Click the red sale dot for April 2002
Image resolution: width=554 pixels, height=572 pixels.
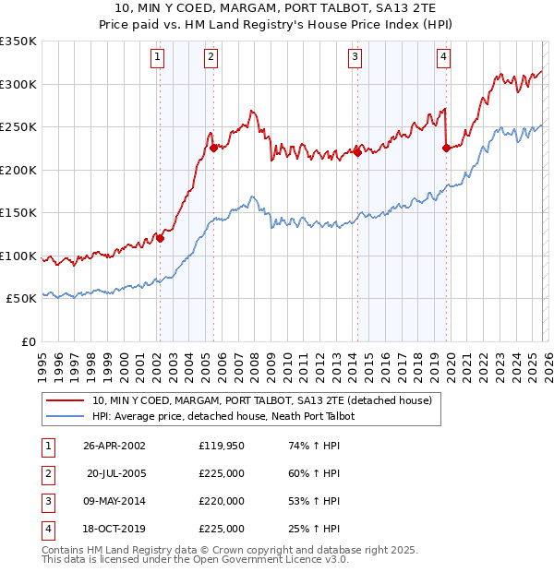click(x=160, y=238)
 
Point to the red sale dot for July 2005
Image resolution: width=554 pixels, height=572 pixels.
click(x=212, y=148)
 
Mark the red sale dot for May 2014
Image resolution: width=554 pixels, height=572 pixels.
click(x=356, y=152)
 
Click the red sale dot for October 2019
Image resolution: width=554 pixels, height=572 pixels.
click(x=445, y=148)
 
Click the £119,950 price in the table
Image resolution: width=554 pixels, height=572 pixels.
click(x=222, y=445)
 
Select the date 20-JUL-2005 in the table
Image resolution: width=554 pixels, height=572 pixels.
click(x=117, y=473)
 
